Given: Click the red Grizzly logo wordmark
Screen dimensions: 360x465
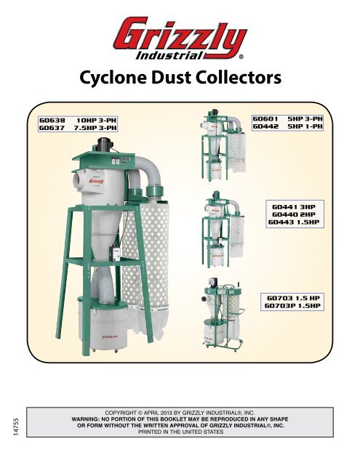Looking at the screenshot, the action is [180, 36].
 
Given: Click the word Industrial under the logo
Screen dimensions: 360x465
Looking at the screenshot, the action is [169, 55].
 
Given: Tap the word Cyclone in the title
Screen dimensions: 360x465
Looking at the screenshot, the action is [113, 78].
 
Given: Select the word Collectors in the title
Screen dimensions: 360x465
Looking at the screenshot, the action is [239, 78].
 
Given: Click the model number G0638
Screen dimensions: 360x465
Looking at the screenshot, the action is [52, 121].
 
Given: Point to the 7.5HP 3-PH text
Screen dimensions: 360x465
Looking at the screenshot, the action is [95, 128].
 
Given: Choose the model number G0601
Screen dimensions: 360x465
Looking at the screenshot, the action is [265, 119].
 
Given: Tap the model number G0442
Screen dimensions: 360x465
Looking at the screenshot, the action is [265, 126].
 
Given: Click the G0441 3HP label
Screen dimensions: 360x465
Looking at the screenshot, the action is [294, 207].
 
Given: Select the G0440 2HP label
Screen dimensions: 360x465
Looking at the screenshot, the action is [294, 214].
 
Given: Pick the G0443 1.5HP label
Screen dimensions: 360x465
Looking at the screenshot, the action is [294, 222].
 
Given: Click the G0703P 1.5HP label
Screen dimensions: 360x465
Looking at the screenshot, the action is [292, 306].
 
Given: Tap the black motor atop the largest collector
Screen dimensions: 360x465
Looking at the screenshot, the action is [103, 145].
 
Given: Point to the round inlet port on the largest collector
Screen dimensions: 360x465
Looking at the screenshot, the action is [78, 179].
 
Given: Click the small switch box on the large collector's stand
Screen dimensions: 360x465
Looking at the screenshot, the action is [115, 254].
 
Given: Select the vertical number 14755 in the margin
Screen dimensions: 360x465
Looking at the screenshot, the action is [16, 427].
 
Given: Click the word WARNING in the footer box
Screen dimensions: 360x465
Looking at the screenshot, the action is [85, 419].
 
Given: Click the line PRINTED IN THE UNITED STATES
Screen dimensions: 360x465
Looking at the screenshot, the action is [181, 432].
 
